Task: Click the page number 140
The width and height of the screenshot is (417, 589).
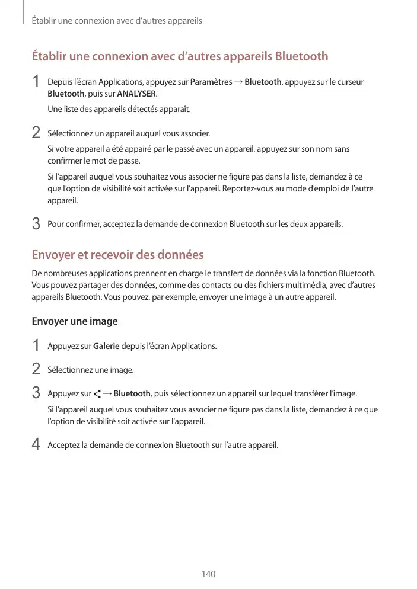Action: click(208, 574)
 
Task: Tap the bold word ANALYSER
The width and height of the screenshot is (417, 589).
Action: click(136, 94)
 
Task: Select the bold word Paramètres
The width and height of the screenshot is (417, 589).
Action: click(211, 82)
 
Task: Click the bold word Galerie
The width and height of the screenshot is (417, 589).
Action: click(107, 346)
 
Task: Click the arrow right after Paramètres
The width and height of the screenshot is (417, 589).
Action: click(238, 82)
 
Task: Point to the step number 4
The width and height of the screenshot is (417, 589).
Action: click(36, 444)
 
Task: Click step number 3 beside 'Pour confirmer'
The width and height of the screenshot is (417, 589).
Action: click(36, 224)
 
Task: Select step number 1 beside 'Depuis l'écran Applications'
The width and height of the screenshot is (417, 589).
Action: click(36, 81)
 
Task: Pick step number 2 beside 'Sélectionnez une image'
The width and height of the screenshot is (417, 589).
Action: click(36, 369)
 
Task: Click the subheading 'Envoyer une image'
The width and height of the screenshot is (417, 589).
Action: click(74, 322)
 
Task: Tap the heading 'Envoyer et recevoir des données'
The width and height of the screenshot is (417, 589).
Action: click(117, 255)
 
